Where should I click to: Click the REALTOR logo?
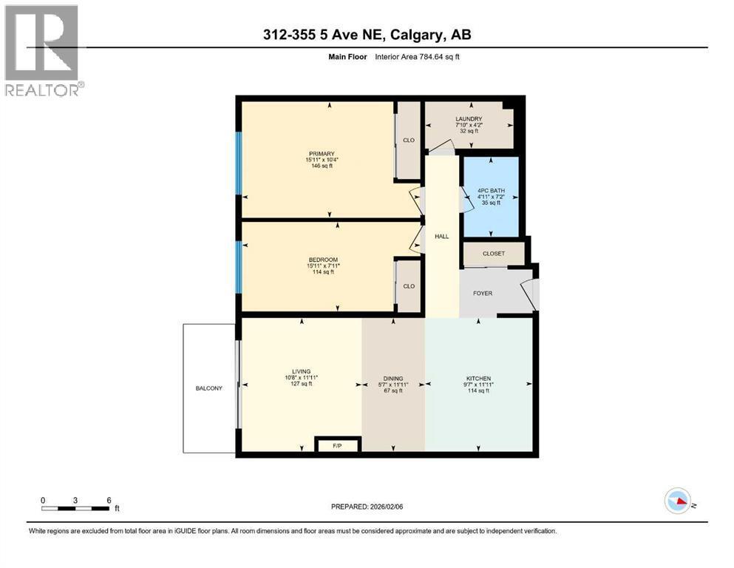pyautogui.click(x=44, y=50)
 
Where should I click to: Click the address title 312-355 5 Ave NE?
pyautogui.click(x=367, y=34)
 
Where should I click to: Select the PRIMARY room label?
pyautogui.click(x=322, y=154)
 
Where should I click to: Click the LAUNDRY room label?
pyautogui.click(x=469, y=119)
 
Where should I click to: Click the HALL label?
pyautogui.click(x=442, y=236)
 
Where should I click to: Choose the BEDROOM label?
pyautogui.click(x=322, y=260)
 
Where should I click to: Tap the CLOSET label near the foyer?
pyautogui.click(x=493, y=254)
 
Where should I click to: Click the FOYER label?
pyautogui.click(x=483, y=293)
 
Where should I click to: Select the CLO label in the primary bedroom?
pyautogui.click(x=409, y=140)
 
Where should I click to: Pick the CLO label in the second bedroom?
pyautogui.click(x=409, y=286)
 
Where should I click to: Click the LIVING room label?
pyautogui.click(x=301, y=371)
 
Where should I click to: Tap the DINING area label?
pyautogui.click(x=393, y=378)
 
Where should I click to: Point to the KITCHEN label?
pyautogui.click(x=478, y=379)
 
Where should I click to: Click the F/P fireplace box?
pyautogui.click(x=337, y=445)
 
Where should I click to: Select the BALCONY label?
pyautogui.click(x=208, y=388)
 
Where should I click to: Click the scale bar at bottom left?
pyautogui.click(x=76, y=507)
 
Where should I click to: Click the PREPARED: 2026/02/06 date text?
pyautogui.click(x=367, y=507)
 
